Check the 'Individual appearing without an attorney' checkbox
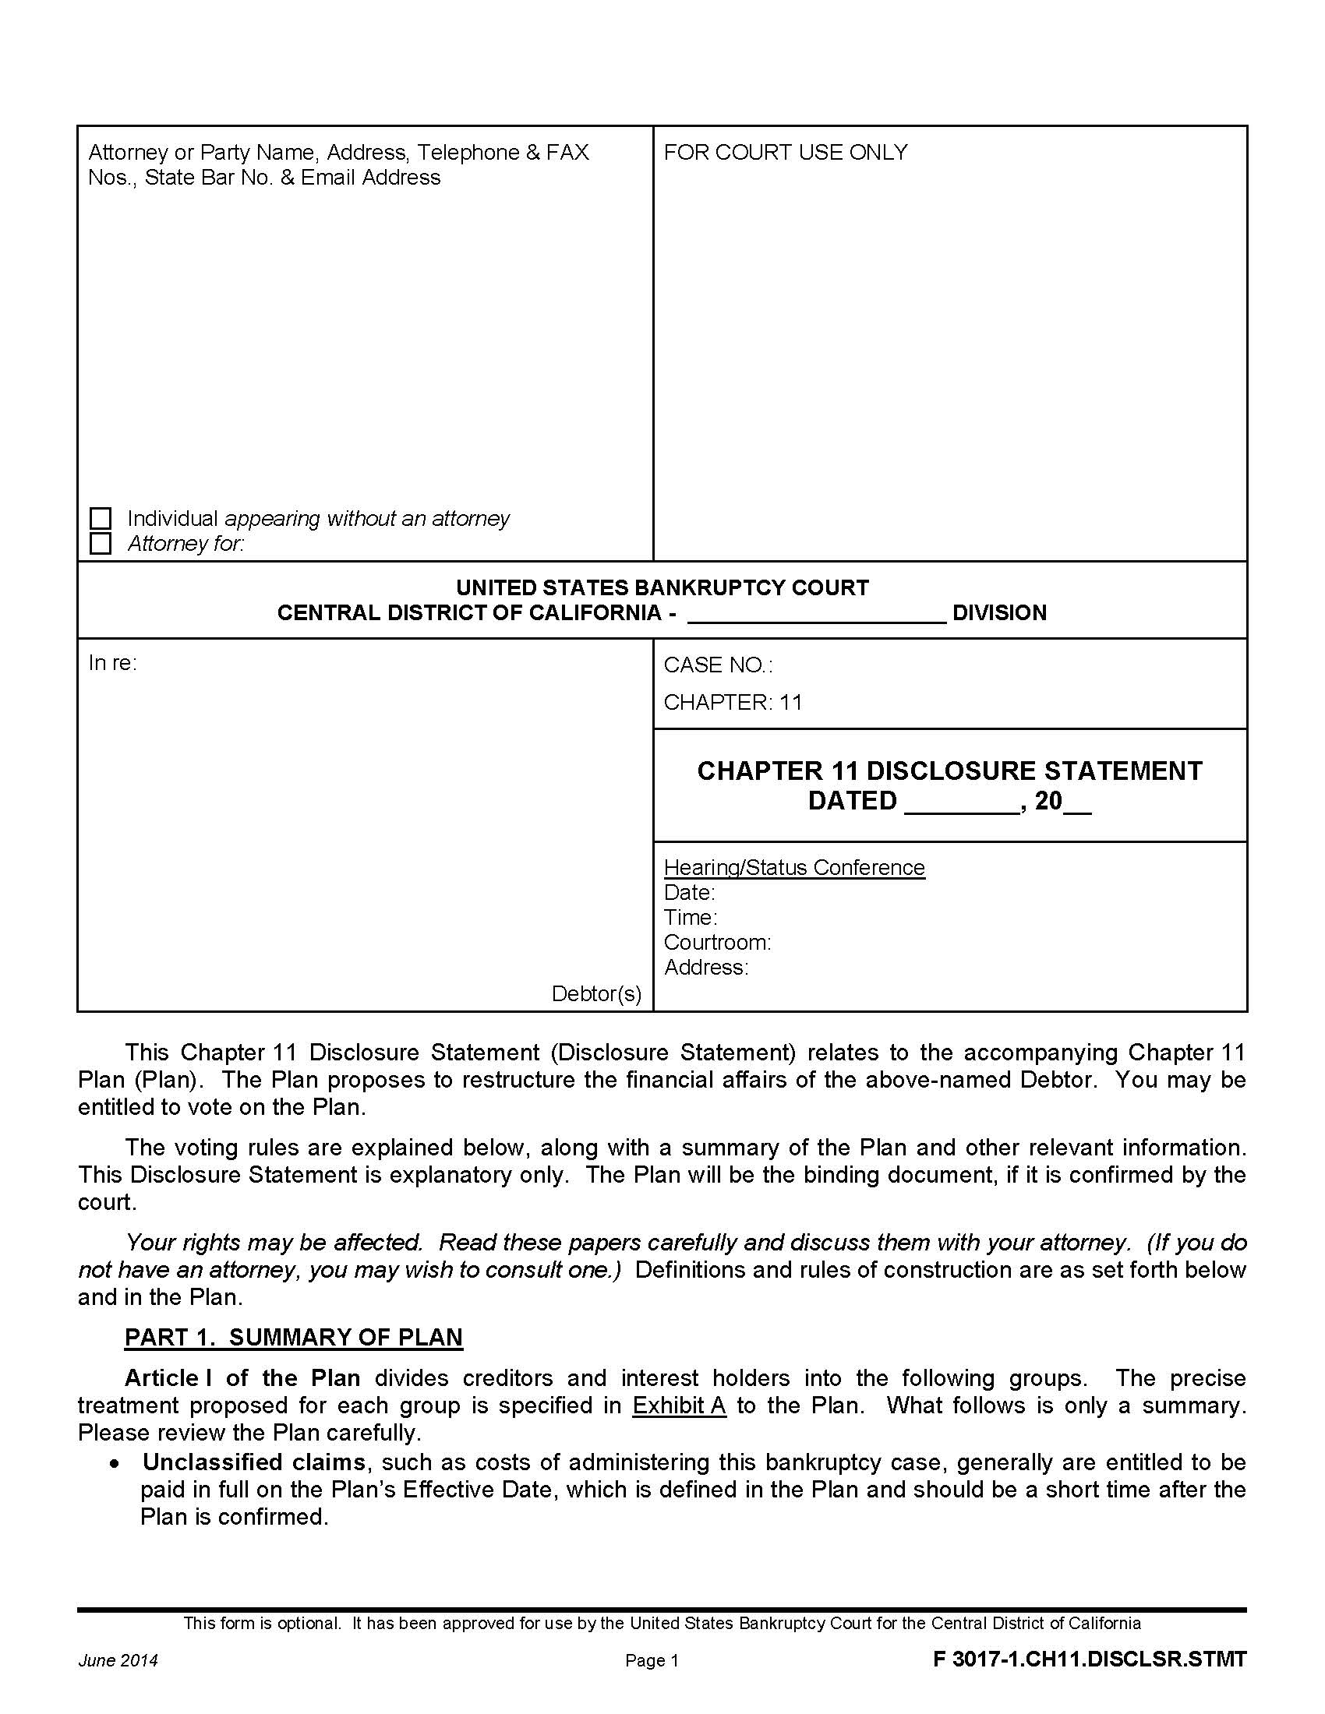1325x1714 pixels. [x=101, y=518]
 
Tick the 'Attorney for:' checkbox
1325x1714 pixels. [x=101, y=543]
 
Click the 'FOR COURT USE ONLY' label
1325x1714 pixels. [x=785, y=152]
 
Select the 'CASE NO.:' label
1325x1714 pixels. [x=717, y=665]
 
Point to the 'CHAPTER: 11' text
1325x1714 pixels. [x=733, y=703]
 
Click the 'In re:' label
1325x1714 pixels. [x=112, y=664]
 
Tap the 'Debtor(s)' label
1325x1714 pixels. [x=595, y=994]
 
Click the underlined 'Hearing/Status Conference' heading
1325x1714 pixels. [x=793, y=868]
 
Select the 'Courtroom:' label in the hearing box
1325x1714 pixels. [x=716, y=943]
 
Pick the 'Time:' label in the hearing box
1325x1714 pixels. [x=690, y=918]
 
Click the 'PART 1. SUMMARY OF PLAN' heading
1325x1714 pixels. [x=294, y=1337]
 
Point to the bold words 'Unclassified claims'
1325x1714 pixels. [x=253, y=1462]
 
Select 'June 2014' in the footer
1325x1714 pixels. [x=118, y=1661]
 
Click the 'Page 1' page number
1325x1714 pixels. [x=652, y=1661]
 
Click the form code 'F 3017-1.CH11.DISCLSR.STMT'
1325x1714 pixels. [x=1089, y=1659]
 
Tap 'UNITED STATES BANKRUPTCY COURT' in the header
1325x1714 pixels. [x=662, y=587]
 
